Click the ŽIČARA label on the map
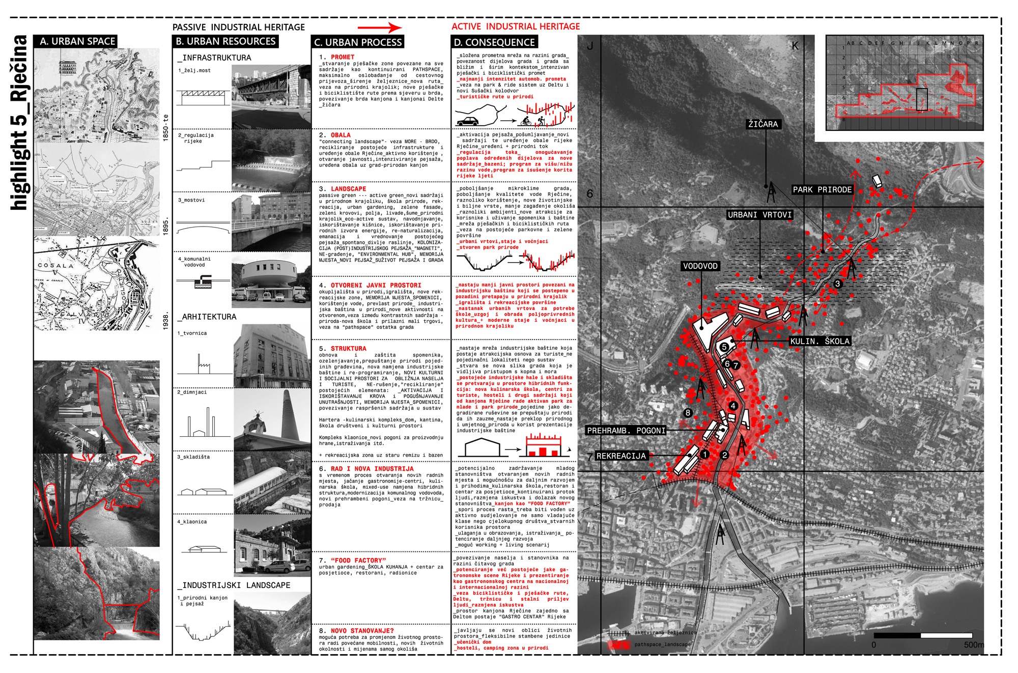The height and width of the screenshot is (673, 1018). click(x=762, y=124)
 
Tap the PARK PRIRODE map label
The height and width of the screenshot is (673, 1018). click(x=822, y=190)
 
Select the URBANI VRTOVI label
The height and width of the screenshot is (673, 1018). click(x=759, y=215)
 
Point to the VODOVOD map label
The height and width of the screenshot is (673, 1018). click(x=700, y=266)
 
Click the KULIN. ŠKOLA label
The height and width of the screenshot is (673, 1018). click(x=819, y=341)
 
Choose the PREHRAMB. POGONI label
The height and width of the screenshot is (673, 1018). click(x=626, y=431)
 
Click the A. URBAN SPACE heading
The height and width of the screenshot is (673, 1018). click(x=76, y=41)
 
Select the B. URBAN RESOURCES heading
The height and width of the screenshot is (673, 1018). click(x=225, y=41)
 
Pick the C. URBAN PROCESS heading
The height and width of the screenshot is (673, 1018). click(x=358, y=42)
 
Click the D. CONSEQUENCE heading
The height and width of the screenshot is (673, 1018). click(x=494, y=42)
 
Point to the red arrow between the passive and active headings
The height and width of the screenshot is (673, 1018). click(x=379, y=27)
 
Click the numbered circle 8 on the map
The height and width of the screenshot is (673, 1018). click(x=688, y=413)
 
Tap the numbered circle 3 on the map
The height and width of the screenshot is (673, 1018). click(x=838, y=284)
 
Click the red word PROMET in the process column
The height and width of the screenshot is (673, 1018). click(x=343, y=57)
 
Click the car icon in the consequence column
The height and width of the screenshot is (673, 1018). click(x=467, y=121)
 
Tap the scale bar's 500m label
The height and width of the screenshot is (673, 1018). click(x=974, y=645)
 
